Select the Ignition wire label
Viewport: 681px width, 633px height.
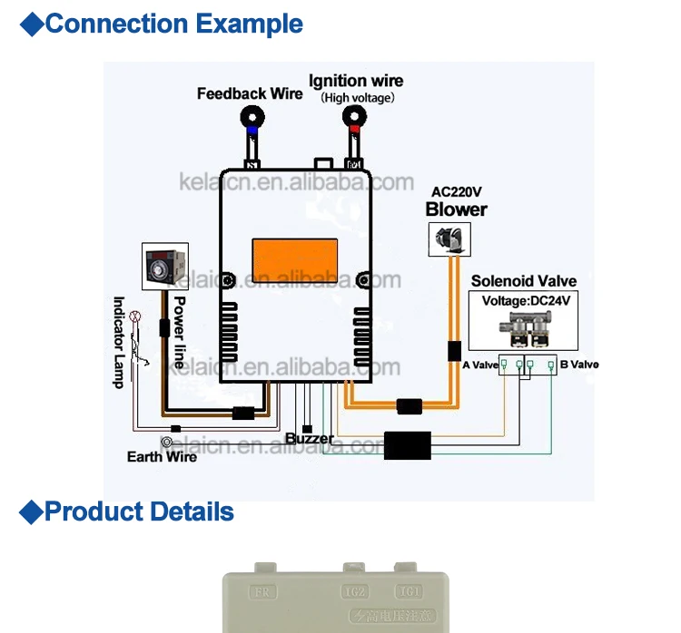tap(356, 81)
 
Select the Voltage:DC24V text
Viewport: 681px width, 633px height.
tap(524, 301)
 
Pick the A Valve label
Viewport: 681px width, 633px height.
tap(479, 365)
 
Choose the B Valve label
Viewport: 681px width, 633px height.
tap(579, 365)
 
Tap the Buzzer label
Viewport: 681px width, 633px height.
tap(309, 439)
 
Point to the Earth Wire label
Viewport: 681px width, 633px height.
tap(162, 456)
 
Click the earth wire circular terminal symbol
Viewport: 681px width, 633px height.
tap(166, 443)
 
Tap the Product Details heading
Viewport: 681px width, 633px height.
tap(138, 511)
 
